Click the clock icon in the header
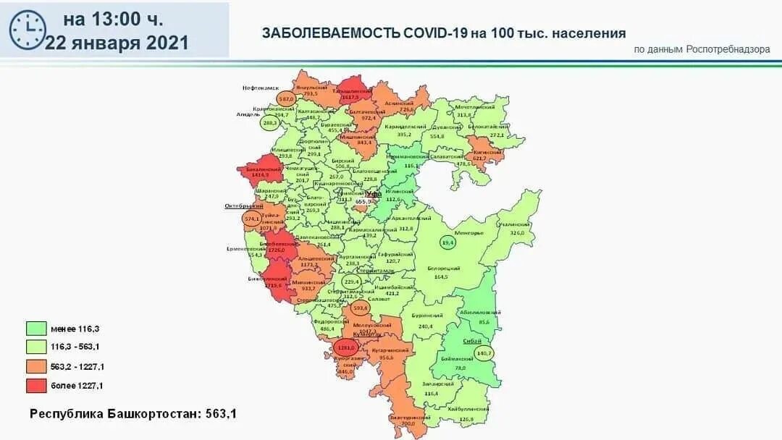27,30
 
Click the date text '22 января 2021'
117,43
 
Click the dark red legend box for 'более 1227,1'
37,386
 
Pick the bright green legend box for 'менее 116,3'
37,329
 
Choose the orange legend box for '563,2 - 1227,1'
37,366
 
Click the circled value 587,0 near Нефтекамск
286,98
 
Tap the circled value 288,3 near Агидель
269,123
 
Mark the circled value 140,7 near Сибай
483,353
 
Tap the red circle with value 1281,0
345,348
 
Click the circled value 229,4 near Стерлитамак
352,282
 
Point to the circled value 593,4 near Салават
360,308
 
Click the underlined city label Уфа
373,194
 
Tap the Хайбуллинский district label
465,410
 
